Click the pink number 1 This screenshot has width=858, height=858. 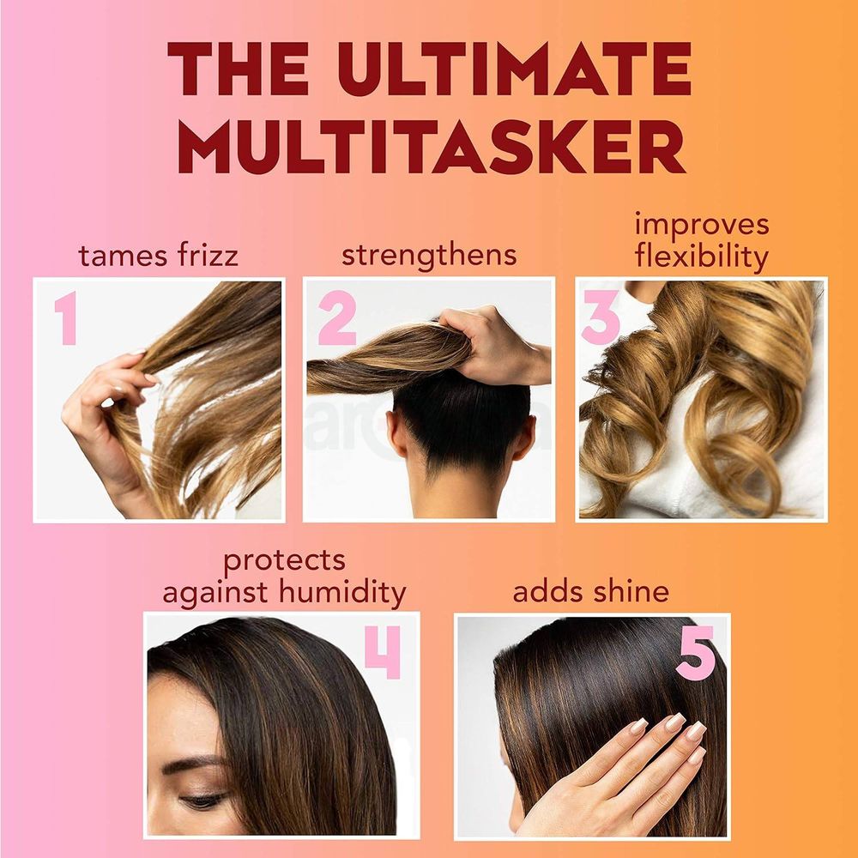(64, 317)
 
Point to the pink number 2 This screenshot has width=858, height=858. (336, 318)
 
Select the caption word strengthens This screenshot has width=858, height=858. (429, 255)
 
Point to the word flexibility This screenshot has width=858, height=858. (702, 257)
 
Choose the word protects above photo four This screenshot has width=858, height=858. (284, 561)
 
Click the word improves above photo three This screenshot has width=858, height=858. (702, 225)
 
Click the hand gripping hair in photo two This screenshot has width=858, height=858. (489, 339)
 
